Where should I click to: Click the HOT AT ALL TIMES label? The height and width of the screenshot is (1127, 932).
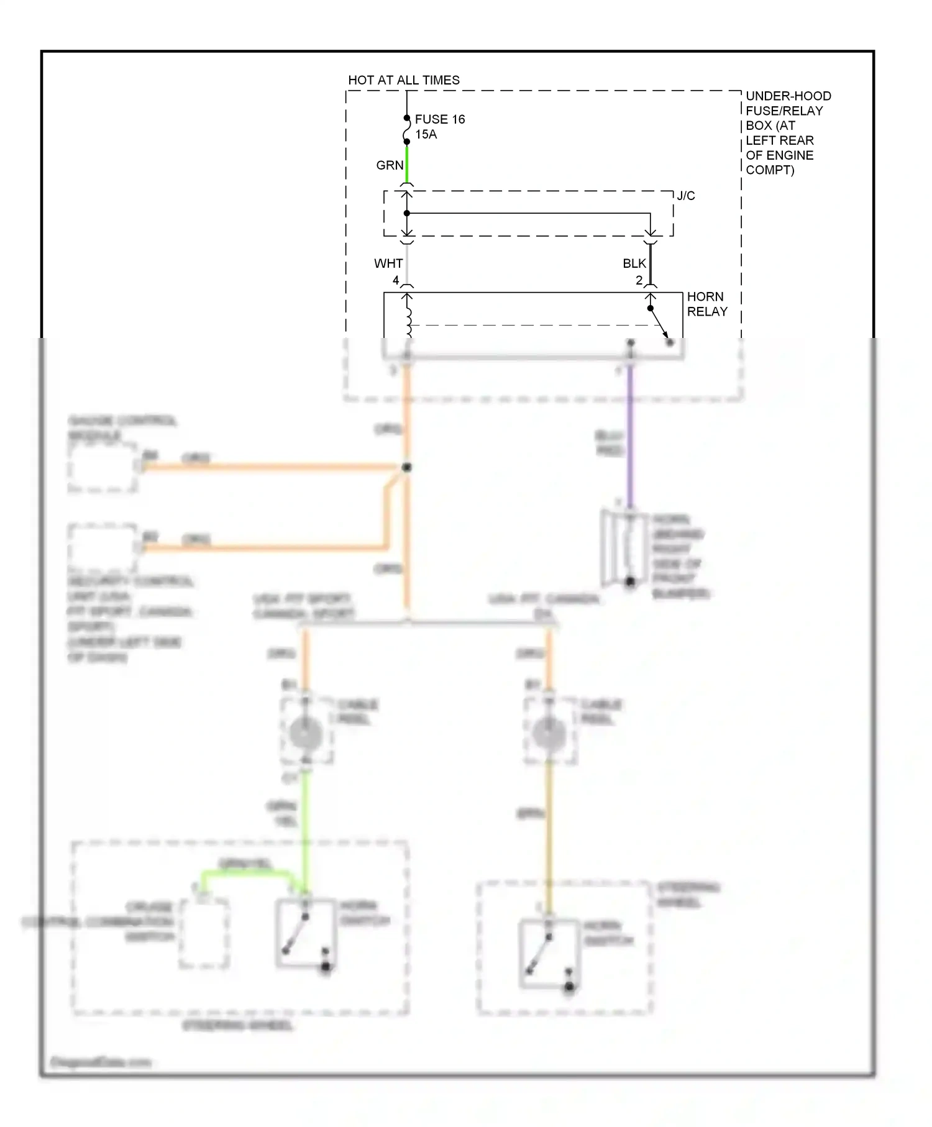[403, 80]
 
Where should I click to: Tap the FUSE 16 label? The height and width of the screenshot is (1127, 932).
[439, 119]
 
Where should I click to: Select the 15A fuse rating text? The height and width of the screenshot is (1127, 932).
[426, 134]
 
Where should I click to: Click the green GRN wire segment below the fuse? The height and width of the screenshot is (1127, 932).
[407, 163]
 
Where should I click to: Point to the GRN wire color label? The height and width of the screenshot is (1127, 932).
[390, 165]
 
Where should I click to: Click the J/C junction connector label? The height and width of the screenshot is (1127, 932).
[685, 196]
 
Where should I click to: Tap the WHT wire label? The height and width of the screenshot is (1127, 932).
[388, 263]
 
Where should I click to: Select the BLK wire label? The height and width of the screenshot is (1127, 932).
[634, 263]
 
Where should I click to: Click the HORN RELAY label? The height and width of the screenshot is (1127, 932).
[706, 304]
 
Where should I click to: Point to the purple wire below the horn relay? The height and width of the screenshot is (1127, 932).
[630, 435]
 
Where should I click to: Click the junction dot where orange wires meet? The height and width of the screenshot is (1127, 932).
[407, 467]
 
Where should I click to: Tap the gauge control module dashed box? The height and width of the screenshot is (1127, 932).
[103, 468]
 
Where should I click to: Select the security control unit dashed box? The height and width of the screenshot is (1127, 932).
[103, 547]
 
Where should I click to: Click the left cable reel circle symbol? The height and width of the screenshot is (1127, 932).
[306, 733]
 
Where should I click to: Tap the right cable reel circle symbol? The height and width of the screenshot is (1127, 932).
[549, 733]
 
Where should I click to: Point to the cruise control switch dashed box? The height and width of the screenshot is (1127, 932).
[204, 933]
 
